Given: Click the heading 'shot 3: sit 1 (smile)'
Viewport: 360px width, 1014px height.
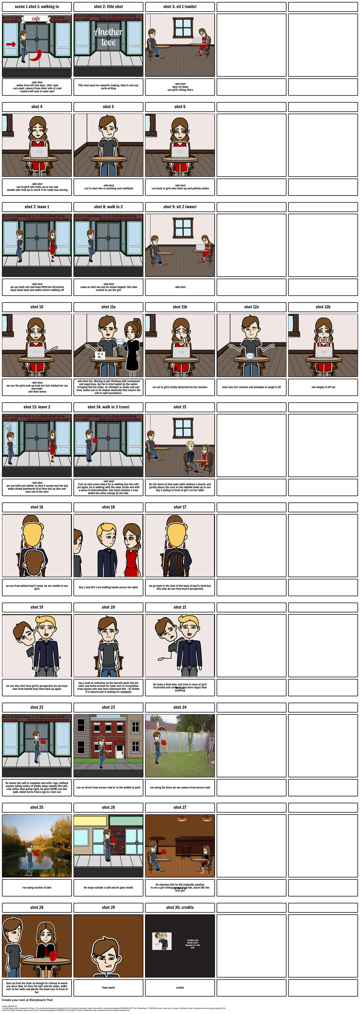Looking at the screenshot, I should click(180, 7).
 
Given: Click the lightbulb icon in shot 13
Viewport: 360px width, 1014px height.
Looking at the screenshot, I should click(8, 427).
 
